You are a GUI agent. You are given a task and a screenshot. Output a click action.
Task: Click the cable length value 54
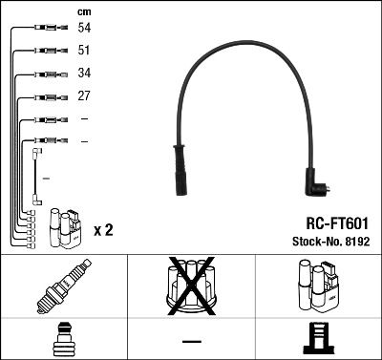point(84,30)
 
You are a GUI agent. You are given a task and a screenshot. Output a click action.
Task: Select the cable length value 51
point(84,52)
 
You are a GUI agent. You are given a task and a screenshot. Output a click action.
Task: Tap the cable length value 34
point(84,74)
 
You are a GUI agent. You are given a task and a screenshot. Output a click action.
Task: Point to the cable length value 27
point(84,96)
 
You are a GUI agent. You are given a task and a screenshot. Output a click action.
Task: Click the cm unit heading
point(83,11)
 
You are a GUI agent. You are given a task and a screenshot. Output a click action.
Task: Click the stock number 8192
point(354,239)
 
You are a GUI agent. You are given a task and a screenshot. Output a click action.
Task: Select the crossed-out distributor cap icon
point(191,286)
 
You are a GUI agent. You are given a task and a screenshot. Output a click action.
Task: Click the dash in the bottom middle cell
point(191,341)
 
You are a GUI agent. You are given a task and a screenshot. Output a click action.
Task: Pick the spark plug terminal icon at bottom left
point(63,338)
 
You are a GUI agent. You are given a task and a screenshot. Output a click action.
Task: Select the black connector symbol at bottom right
point(317,338)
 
